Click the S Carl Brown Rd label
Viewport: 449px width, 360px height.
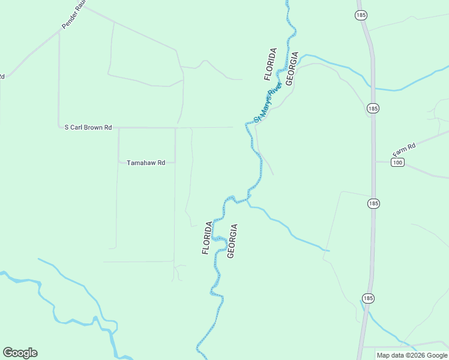pos(88,127)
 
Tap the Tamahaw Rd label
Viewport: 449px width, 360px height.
pos(145,162)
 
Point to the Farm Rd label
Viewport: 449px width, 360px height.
pos(404,146)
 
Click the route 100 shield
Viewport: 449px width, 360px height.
pos(397,162)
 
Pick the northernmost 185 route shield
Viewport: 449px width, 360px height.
pos(361,14)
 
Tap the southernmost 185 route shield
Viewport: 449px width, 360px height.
pos(369,298)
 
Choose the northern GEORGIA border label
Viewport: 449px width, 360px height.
pos(292,68)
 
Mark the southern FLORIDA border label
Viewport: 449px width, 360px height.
pos(207,238)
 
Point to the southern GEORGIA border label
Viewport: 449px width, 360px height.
pos(232,241)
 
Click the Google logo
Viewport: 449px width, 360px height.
pos(20,353)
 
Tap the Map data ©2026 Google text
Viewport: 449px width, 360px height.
pos(411,355)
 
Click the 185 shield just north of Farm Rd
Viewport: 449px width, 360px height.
pos(373,109)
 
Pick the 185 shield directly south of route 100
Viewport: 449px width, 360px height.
pos(373,203)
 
